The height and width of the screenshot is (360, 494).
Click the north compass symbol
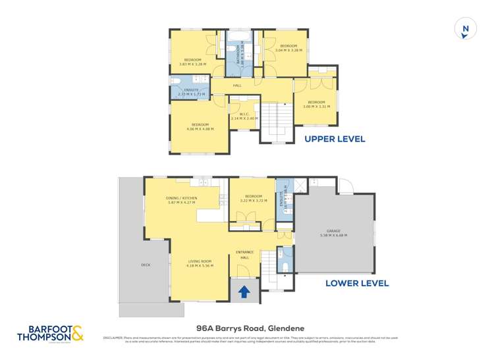point(465,29)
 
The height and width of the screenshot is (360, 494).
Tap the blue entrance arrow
point(243,290)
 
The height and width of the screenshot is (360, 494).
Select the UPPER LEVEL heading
point(334,139)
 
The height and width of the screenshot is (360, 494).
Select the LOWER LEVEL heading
point(357,284)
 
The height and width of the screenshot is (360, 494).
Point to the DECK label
point(146,265)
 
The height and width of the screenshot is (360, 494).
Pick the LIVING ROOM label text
point(200,263)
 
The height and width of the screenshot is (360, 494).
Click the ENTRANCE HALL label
point(243,255)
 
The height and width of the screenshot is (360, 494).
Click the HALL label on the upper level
point(236,85)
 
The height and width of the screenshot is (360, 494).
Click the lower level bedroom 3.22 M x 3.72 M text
point(254,201)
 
